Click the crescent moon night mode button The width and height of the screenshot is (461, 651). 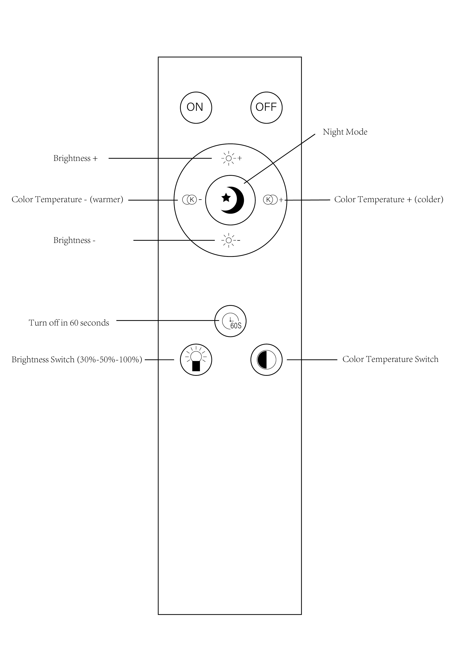(x=230, y=200)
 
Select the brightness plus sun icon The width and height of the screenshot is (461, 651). (x=231, y=158)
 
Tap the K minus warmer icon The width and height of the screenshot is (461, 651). (x=192, y=200)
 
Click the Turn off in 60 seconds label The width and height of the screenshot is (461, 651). (x=69, y=323)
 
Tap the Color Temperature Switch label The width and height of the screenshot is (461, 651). (x=390, y=359)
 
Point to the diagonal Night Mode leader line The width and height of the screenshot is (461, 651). (x=280, y=158)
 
